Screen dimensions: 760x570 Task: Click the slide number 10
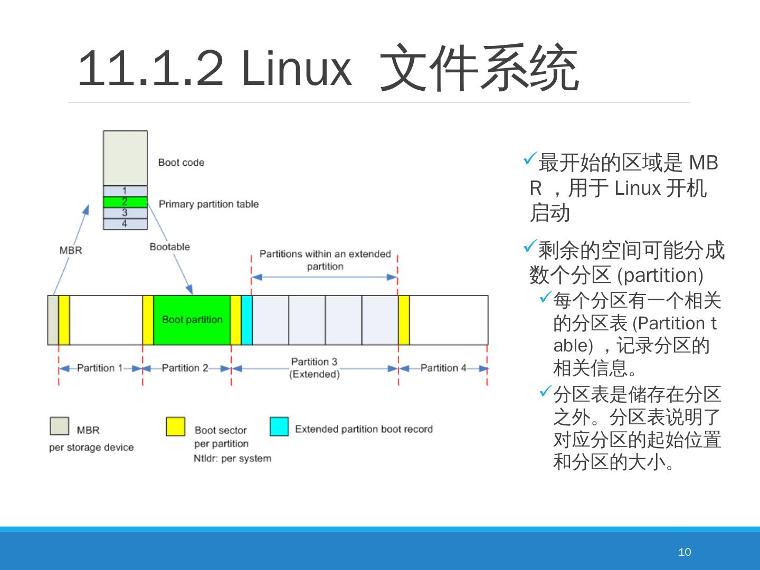pos(684,552)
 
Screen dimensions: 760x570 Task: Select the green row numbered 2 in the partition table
pos(125,202)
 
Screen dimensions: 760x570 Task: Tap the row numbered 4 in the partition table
pos(125,224)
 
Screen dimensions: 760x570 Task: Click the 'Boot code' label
pos(181,163)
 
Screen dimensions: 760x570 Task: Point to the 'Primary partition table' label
pos(208,204)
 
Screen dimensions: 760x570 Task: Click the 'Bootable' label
pos(169,246)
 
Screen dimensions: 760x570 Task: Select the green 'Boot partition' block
pos(192,320)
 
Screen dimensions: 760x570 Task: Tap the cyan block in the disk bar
pos(246,320)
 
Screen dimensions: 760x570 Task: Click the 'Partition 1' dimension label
pos(99,368)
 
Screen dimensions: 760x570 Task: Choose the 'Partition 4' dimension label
pos(443,368)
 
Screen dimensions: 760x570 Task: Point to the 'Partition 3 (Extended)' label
pos(315,368)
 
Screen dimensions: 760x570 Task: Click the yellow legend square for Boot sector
pos(175,426)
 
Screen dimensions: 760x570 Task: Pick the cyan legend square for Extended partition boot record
pos(279,426)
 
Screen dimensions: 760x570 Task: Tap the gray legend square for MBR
pos(59,426)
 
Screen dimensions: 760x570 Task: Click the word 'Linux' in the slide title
pos(296,69)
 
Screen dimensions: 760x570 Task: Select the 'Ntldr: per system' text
pos(232,458)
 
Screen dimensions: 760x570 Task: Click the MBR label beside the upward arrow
pos(71,250)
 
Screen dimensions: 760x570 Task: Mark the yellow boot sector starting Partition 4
pos(404,320)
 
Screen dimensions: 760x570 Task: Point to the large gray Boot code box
pos(125,158)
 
